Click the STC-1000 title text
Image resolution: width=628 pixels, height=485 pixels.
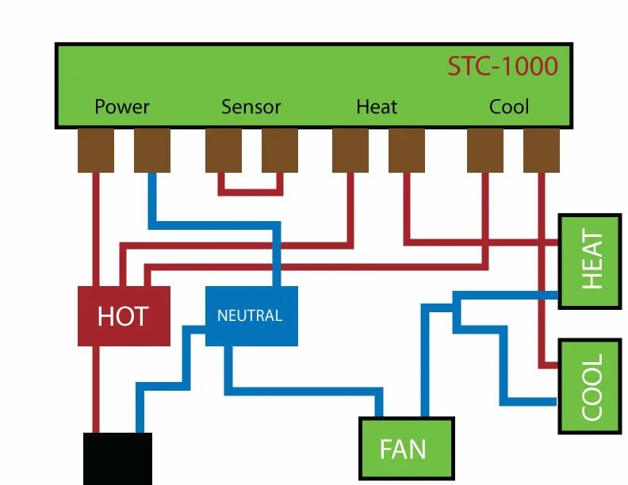pyautogui.click(x=503, y=66)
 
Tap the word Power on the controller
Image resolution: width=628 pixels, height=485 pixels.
pyautogui.click(x=121, y=106)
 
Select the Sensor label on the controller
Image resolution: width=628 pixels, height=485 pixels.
pyautogui.click(x=251, y=106)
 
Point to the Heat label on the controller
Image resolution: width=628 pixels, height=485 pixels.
pyautogui.click(x=377, y=106)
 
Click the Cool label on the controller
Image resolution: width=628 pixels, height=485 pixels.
pyautogui.click(x=509, y=106)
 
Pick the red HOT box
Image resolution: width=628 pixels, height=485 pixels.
pyautogui.click(x=124, y=315)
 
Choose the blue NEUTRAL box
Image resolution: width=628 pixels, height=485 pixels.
pyautogui.click(x=251, y=315)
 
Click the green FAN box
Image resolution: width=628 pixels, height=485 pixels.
pyautogui.click(x=403, y=449)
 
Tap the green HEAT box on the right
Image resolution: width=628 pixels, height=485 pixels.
pyautogui.click(x=590, y=260)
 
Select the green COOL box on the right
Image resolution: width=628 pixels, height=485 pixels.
pyautogui.click(x=590, y=386)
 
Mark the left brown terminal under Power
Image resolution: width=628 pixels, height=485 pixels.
pyautogui.click(x=96, y=150)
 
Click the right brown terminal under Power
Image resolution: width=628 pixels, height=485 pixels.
pyautogui.click(x=152, y=150)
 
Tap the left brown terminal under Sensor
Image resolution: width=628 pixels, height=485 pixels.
pyautogui.click(x=224, y=150)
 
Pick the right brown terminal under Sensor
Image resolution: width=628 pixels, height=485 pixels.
pyautogui.click(x=280, y=150)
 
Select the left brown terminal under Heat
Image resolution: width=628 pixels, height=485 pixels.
pyautogui.click(x=350, y=150)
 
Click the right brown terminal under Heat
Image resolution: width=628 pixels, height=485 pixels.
pyautogui.click(x=406, y=150)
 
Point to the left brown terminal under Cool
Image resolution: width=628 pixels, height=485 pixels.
pyautogui.click(x=485, y=150)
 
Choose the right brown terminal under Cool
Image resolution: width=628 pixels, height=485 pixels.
pyautogui.click(x=542, y=150)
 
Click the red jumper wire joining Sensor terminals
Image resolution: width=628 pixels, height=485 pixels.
pyautogui.click(x=251, y=191)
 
